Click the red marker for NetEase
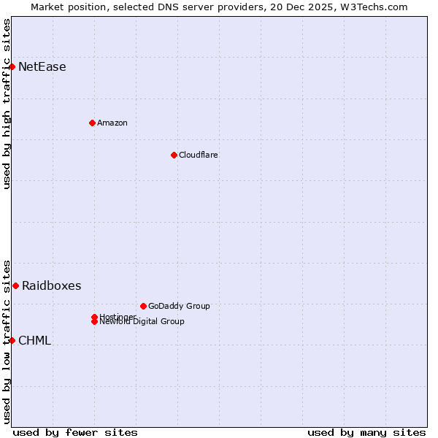pos(12,67)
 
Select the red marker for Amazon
pos(92,123)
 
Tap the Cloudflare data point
pos(174,155)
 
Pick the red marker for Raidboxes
pos(15,285)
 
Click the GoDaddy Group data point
pos(143,306)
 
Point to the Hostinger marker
pos(94,317)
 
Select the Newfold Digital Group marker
pos(94,322)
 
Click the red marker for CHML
pos(12,340)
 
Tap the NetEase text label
pos(42,67)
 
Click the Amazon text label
pos(112,123)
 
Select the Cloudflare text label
pos(199,155)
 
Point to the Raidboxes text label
pos(52,285)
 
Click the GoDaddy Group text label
pos(179,306)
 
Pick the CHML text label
pos(34,340)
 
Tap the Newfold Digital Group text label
pos(142,322)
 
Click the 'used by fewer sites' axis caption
pos(75,432)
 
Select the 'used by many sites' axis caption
pos(366,432)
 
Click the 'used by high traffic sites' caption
pos(7,104)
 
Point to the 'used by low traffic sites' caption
pos(7,341)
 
